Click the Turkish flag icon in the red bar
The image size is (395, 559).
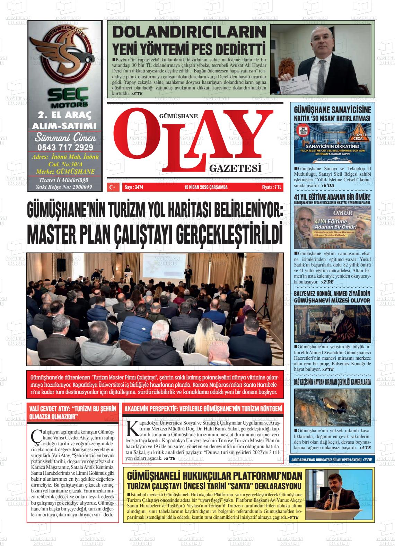point(112,187)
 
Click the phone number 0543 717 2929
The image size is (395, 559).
point(65,147)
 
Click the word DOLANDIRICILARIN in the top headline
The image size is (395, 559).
point(190,33)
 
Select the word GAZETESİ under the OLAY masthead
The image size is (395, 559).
point(235,169)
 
